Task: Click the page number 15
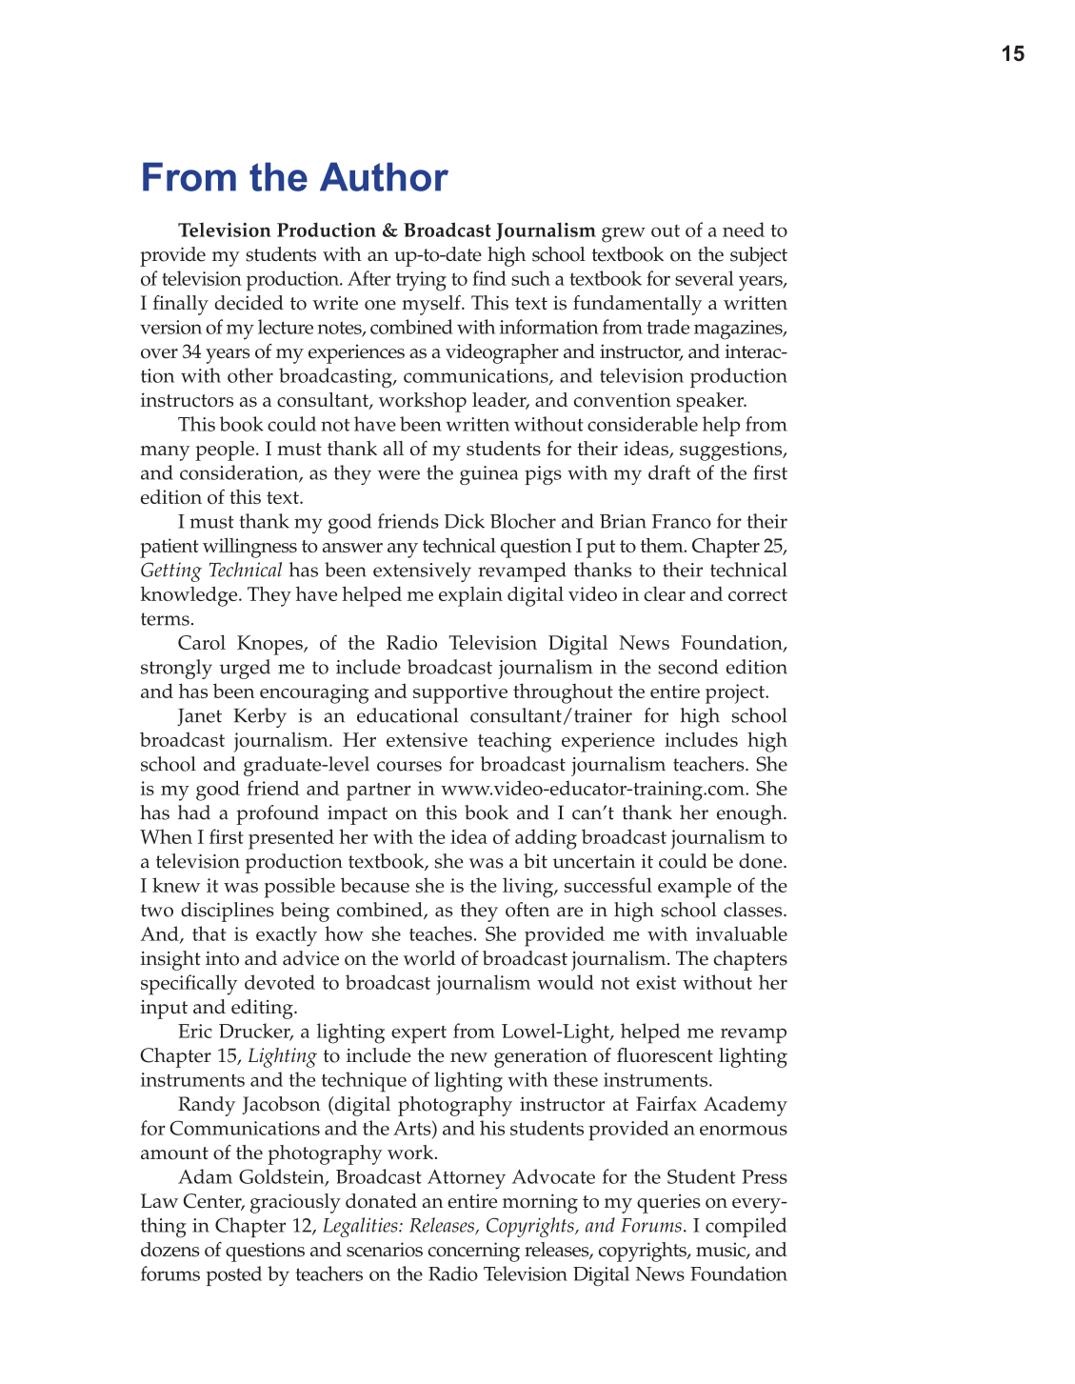point(1013,54)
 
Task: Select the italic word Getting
point(170,571)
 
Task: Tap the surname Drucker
point(252,1032)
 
